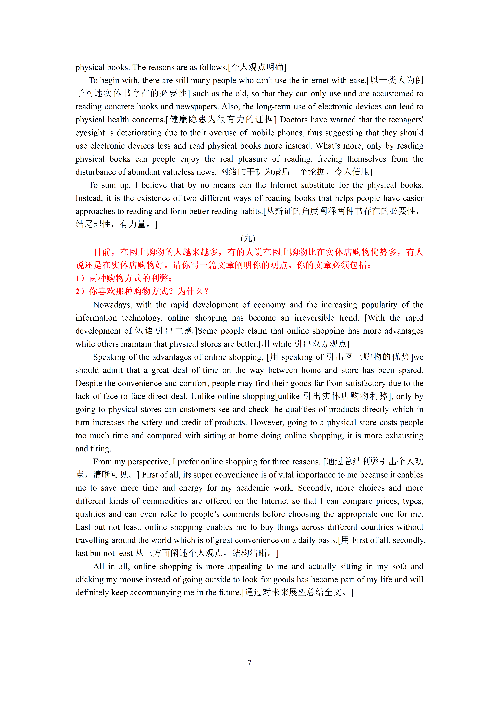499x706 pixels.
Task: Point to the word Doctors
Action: [x=295, y=120]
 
